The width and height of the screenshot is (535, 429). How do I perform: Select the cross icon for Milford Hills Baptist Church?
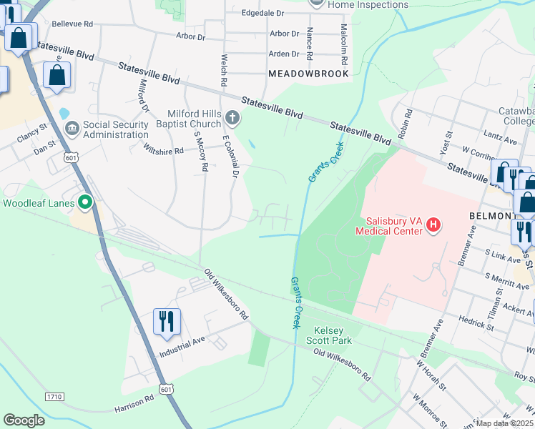pyautogui.click(x=232, y=117)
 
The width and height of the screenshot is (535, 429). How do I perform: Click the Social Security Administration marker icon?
pyautogui.click(x=72, y=129)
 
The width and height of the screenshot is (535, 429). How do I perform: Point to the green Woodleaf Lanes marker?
pyautogui.click(x=85, y=202)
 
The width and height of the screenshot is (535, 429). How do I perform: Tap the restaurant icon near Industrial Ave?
pyautogui.click(x=167, y=322)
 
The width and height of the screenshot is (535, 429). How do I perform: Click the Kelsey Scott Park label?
pyautogui.click(x=328, y=337)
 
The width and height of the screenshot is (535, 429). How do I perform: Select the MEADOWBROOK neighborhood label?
pyautogui.click(x=308, y=74)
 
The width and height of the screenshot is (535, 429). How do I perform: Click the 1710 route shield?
pyautogui.click(x=54, y=395)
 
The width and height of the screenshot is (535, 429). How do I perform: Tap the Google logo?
pyautogui.click(x=24, y=420)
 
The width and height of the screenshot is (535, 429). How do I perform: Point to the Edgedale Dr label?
pyautogui.click(x=262, y=13)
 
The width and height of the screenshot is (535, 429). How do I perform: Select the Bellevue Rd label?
pyautogui.click(x=73, y=24)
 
